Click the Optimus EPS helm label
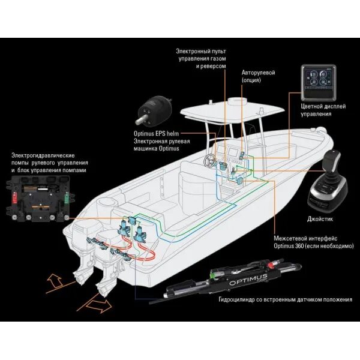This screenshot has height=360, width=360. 154,134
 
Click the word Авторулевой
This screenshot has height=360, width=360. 258,72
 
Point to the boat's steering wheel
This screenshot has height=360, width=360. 212,161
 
